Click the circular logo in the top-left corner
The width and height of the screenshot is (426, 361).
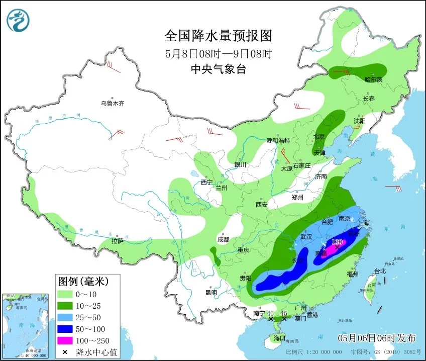18,20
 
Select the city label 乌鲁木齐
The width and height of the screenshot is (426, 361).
112,104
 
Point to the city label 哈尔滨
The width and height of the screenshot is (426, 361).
373,79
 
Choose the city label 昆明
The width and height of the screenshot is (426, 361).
211,293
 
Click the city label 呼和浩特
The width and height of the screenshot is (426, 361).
278,140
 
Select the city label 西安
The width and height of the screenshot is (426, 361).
261,205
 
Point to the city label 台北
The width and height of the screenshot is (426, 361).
380,271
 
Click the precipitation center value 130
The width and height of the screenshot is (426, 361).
337,242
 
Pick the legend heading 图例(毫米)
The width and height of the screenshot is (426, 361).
82,280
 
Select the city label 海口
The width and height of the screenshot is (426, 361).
279,337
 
